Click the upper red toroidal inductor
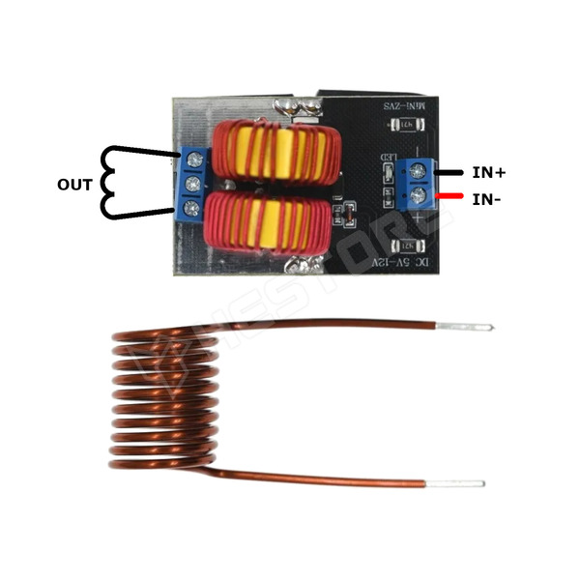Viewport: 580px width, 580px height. (275, 153)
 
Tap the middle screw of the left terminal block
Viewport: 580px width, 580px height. (193, 183)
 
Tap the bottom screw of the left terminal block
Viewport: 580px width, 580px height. (192, 206)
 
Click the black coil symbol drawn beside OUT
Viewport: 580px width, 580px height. (120, 183)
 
